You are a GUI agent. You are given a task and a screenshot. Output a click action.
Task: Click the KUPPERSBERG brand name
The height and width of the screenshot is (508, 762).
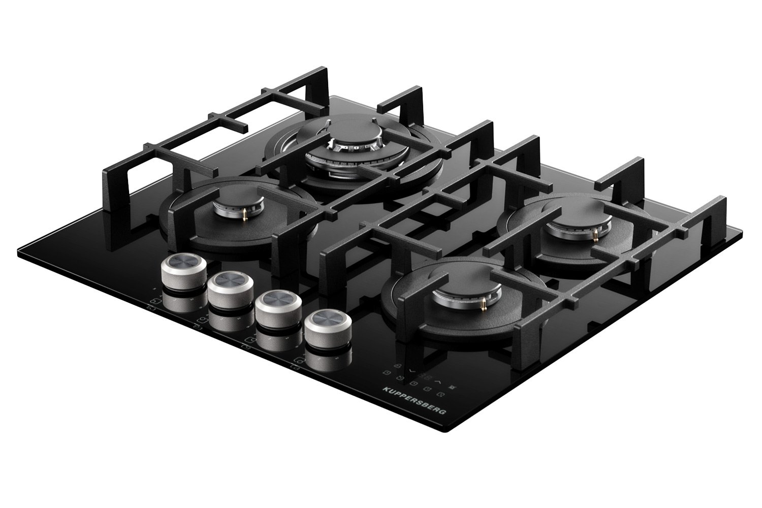pos(414,401)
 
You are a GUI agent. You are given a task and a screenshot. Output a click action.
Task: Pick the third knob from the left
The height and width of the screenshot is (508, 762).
pos(278,309)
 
